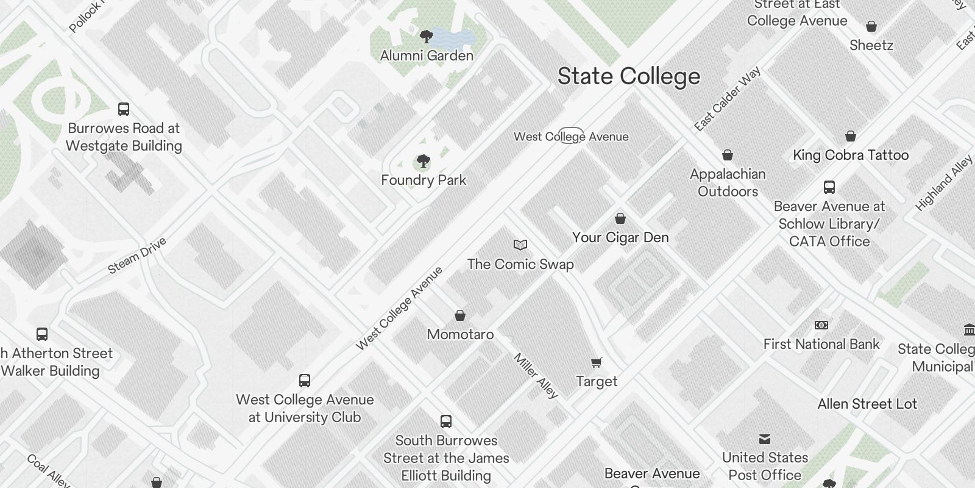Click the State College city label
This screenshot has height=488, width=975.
[629, 77]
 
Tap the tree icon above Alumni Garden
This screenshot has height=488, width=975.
[427, 36]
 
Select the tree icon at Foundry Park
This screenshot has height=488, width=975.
[423, 162]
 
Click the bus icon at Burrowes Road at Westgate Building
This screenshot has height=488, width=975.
[124, 109]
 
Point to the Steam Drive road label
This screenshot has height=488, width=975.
[137, 256]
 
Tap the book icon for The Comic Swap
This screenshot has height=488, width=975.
[520, 245]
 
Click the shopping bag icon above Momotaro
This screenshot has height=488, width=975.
[460, 315]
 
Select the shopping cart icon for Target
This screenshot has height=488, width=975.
[597, 362]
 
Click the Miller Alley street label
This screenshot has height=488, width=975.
[536, 376]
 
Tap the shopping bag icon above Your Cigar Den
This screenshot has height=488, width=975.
[620, 218]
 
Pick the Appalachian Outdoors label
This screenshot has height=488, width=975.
[728, 182]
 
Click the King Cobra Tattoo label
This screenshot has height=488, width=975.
[851, 155]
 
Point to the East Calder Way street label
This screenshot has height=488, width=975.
[728, 99]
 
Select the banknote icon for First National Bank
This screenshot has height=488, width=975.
[821, 325]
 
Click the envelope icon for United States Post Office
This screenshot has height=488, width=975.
[765, 439]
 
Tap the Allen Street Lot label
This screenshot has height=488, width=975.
[867, 404]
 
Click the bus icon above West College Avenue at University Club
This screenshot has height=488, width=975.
[305, 381]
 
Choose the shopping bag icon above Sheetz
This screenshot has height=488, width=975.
[871, 26]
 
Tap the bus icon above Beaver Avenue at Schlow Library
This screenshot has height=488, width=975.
[829, 187]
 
